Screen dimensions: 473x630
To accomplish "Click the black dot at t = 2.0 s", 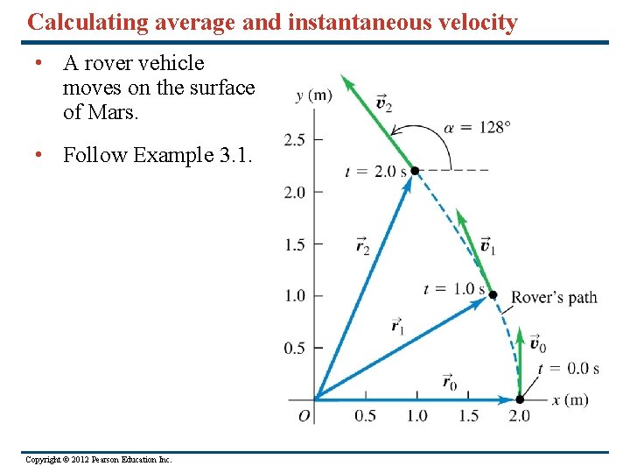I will (x=415, y=171).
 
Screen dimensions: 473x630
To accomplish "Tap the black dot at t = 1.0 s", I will (x=493, y=295).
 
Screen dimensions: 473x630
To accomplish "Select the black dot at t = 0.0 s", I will (x=519, y=399).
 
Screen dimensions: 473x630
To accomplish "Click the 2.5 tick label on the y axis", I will (x=295, y=139).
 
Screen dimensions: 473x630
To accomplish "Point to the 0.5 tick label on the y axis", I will (x=295, y=348).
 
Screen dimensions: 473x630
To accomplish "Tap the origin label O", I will (x=304, y=416).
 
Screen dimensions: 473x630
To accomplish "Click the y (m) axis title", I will (x=313, y=95).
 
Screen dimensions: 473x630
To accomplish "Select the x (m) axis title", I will (x=570, y=400).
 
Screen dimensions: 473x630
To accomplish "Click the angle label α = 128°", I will (x=482, y=127).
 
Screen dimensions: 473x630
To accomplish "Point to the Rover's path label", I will (x=554, y=297).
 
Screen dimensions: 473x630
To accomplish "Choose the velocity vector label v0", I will (x=537, y=345).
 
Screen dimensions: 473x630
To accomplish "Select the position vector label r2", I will (x=362, y=246).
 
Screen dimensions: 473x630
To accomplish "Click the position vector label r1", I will (x=399, y=326).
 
